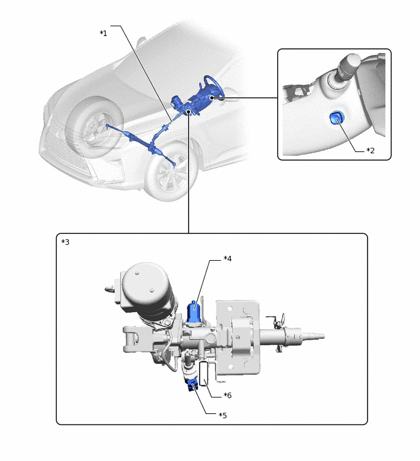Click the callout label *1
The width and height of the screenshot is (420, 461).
point(103,33)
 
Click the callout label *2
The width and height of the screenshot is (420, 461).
point(370,150)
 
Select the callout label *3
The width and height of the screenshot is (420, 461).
point(65,242)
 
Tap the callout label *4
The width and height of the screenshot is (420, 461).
point(228,259)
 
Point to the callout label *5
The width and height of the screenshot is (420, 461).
point(223,415)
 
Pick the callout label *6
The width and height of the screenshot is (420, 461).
point(227,395)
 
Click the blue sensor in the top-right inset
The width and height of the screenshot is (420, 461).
point(336,118)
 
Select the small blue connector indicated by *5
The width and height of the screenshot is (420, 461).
point(192,384)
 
